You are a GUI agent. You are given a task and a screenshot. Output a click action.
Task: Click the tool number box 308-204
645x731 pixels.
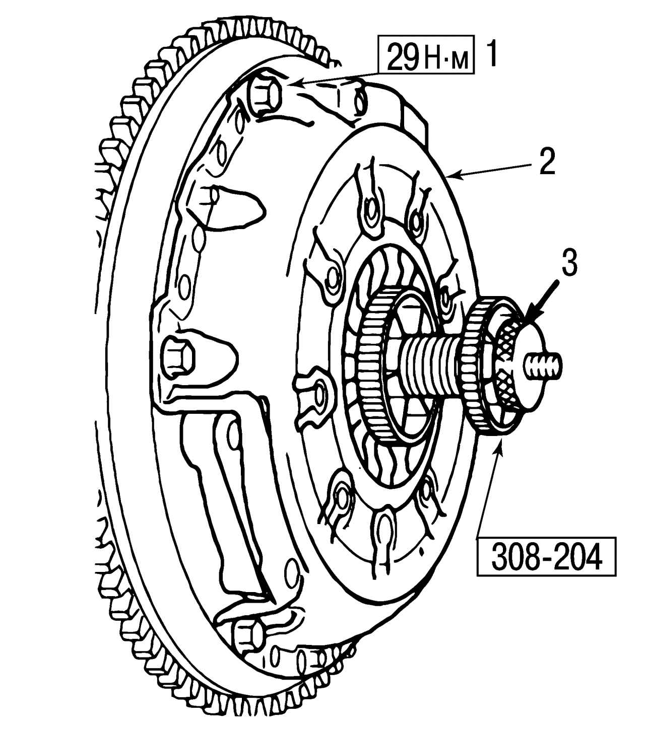coord(546,556)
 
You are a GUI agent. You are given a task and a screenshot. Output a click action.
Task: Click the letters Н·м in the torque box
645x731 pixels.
coord(447,58)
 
